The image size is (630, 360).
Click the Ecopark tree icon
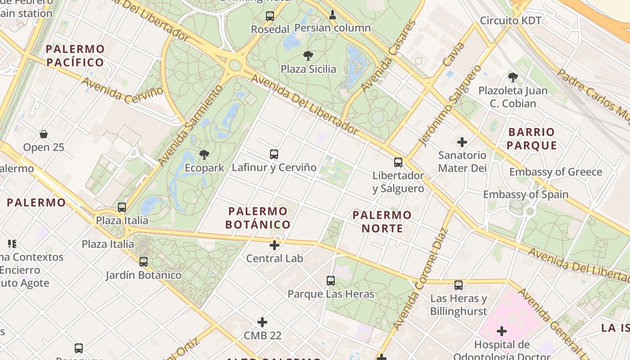pyautogui.click(x=204, y=155)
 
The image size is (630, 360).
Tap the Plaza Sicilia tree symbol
pyautogui.click(x=308, y=56)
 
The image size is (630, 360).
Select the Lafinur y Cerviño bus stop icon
pyautogui.click(x=274, y=154)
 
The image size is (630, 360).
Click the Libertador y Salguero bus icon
pyautogui.click(x=398, y=162)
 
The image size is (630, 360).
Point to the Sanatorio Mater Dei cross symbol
pyautogui.click(x=462, y=143)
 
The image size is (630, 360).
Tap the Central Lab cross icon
pyautogui.click(x=274, y=245)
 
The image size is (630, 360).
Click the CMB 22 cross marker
pyautogui.click(x=262, y=322)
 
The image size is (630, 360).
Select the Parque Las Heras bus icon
pyautogui.click(x=331, y=281)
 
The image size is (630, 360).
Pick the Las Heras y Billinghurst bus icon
pyautogui.click(x=459, y=285)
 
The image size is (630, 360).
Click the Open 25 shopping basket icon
pyautogui.click(x=44, y=134)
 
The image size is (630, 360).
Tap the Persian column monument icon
pyautogui.click(x=333, y=15)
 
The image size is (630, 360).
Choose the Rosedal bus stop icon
pyautogui.click(x=270, y=16)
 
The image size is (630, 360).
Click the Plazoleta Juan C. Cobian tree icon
pyautogui.click(x=513, y=77)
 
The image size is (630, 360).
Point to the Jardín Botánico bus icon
pyautogui.click(x=144, y=261)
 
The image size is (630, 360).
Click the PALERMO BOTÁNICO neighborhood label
pyautogui.click(x=258, y=218)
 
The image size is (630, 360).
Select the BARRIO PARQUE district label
pyautogui.click(x=531, y=139)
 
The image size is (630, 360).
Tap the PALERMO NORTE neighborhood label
pyautogui.click(x=382, y=221)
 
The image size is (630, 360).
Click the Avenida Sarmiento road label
pyautogui.click(x=190, y=125)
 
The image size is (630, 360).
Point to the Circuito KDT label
pyautogui.click(x=511, y=20)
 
